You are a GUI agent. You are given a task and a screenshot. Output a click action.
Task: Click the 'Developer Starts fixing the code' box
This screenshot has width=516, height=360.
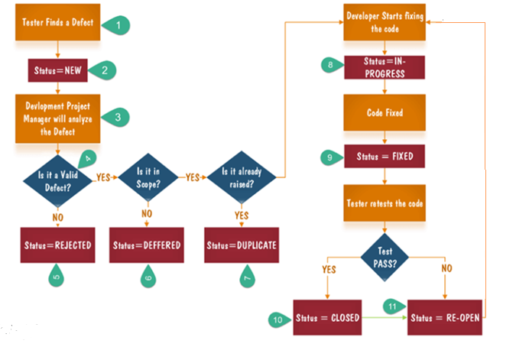point(384,23)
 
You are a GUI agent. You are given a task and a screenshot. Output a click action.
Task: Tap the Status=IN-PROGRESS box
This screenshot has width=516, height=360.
point(384,67)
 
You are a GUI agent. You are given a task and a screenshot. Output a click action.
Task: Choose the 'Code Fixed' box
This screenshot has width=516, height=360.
point(384,112)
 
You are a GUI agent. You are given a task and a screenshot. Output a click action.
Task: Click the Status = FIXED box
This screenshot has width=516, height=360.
point(384,157)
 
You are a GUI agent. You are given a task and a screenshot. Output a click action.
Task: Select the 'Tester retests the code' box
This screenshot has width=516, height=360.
point(384,206)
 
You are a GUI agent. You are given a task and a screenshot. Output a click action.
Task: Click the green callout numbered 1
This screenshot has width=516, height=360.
point(117,24)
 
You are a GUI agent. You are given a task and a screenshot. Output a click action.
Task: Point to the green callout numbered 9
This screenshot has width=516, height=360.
point(329,157)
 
